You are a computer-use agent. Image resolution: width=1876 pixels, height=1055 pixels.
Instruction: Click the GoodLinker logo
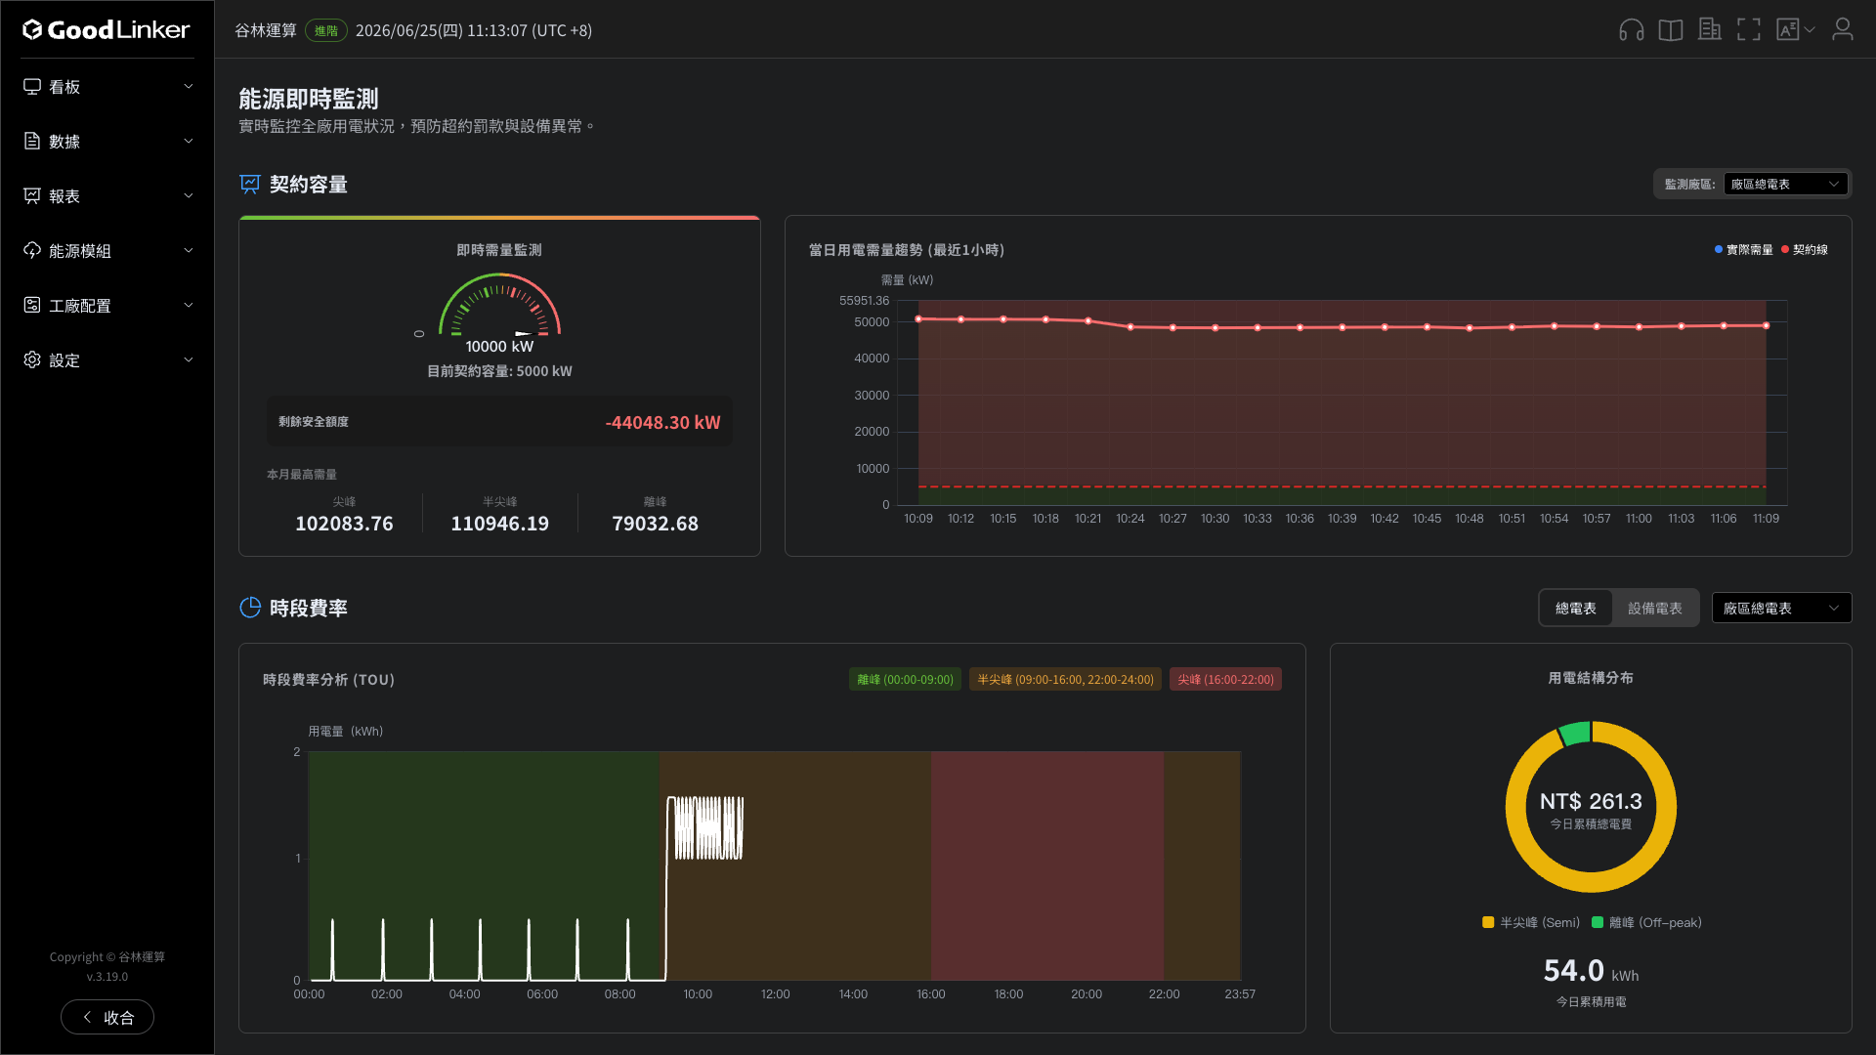(x=107, y=30)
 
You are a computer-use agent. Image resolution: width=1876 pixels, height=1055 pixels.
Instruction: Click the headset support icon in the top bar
(x=1631, y=30)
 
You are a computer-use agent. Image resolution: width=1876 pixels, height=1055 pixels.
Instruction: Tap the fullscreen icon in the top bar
(x=1749, y=30)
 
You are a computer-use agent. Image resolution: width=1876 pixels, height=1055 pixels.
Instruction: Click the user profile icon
(x=1842, y=30)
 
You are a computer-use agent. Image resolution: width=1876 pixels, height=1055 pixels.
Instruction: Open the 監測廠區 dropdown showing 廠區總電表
(x=1785, y=185)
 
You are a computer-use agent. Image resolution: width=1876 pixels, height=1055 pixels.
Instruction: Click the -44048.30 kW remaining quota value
(x=662, y=422)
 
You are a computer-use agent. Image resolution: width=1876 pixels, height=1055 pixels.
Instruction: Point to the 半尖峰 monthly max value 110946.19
(x=499, y=524)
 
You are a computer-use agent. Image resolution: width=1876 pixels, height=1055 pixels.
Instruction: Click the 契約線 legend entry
(x=1805, y=250)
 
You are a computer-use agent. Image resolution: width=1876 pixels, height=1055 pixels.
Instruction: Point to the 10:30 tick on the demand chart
(x=1215, y=519)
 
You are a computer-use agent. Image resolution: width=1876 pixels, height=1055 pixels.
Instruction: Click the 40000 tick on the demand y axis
(x=872, y=359)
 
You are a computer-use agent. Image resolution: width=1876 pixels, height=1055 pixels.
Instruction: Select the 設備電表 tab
(x=1655, y=609)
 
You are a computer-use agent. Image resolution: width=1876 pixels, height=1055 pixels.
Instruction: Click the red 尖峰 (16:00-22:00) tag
(x=1225, y=680)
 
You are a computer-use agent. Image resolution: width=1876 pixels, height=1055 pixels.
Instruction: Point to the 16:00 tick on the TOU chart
(x=930, y=994)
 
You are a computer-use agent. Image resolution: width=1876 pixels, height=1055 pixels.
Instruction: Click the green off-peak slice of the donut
(x=1574, y=734)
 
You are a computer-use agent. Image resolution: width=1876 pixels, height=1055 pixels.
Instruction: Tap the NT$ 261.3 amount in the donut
(x=1591, y=802)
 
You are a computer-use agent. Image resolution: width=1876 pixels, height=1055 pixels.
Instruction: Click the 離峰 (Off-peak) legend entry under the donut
(x=1646, y=923)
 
